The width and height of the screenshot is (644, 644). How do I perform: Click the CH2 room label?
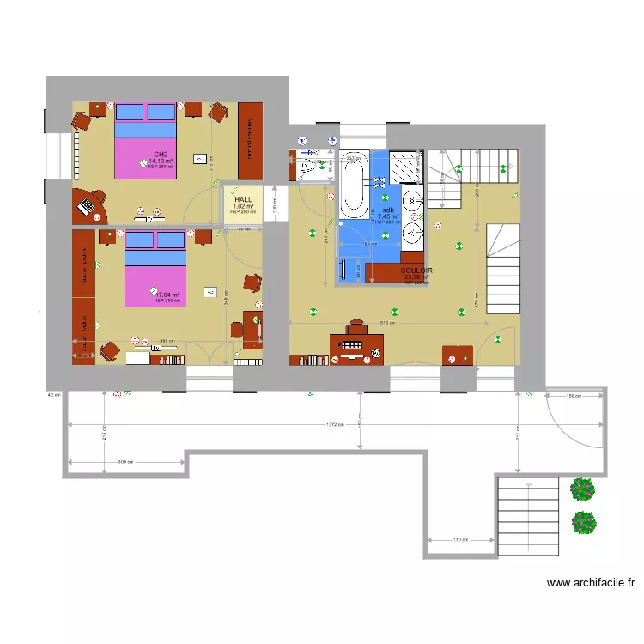(160, 155)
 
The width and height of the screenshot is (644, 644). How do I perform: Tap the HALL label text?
(245, 199)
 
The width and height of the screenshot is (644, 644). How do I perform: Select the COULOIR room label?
(416, 270)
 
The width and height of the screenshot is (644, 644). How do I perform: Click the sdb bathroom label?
(388, 210)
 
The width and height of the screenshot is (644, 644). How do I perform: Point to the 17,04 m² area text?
(167, 295)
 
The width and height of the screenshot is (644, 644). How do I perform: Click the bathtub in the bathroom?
(353, 184)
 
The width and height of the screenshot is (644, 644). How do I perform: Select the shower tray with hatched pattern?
(405, 167)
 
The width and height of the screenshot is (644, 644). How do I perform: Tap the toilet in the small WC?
(306, 169)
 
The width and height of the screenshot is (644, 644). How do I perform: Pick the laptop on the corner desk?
(88, 205)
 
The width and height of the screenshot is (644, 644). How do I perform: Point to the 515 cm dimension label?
(389, 324)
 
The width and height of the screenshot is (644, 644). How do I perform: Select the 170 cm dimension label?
(460, 540)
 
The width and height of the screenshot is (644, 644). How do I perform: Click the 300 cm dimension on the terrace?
(125, 462)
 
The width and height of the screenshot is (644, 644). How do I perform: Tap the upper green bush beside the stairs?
(583, 489)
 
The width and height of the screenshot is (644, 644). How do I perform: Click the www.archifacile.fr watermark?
(591, 584)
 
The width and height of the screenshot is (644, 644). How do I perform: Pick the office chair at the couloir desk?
(357, 329)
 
